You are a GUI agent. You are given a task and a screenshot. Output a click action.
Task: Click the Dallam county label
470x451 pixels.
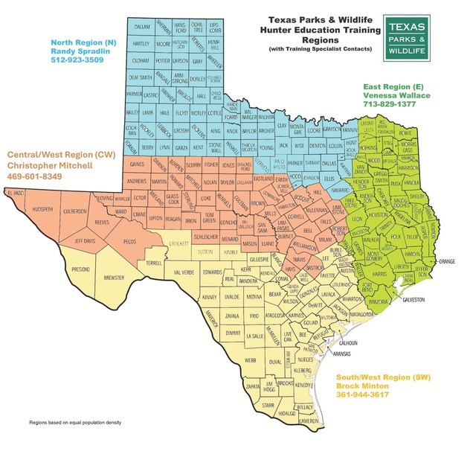click(x=141, y=26)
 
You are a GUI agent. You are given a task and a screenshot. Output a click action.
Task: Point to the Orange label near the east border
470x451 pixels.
click(x=446, y=262)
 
